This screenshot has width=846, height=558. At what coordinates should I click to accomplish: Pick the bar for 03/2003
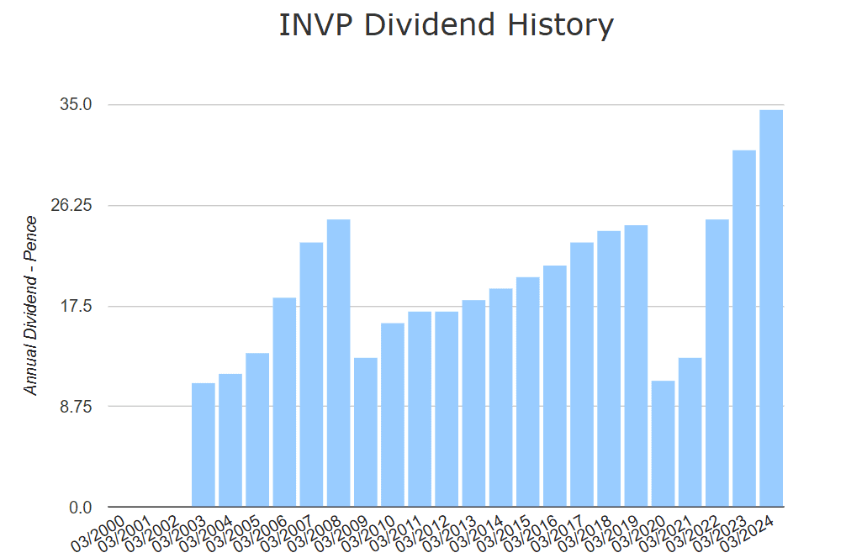(x=203, y=445)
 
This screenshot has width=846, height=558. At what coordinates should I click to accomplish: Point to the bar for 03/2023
(x=744, y=329)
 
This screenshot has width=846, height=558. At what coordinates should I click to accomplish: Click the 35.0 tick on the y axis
(x=75, y=105)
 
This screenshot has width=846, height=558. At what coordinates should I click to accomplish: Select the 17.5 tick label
(x=75, y=306)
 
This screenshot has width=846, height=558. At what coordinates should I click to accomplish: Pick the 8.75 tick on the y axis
(x=75, y=406)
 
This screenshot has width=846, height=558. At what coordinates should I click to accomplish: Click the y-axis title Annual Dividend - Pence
(x=31, y=306)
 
